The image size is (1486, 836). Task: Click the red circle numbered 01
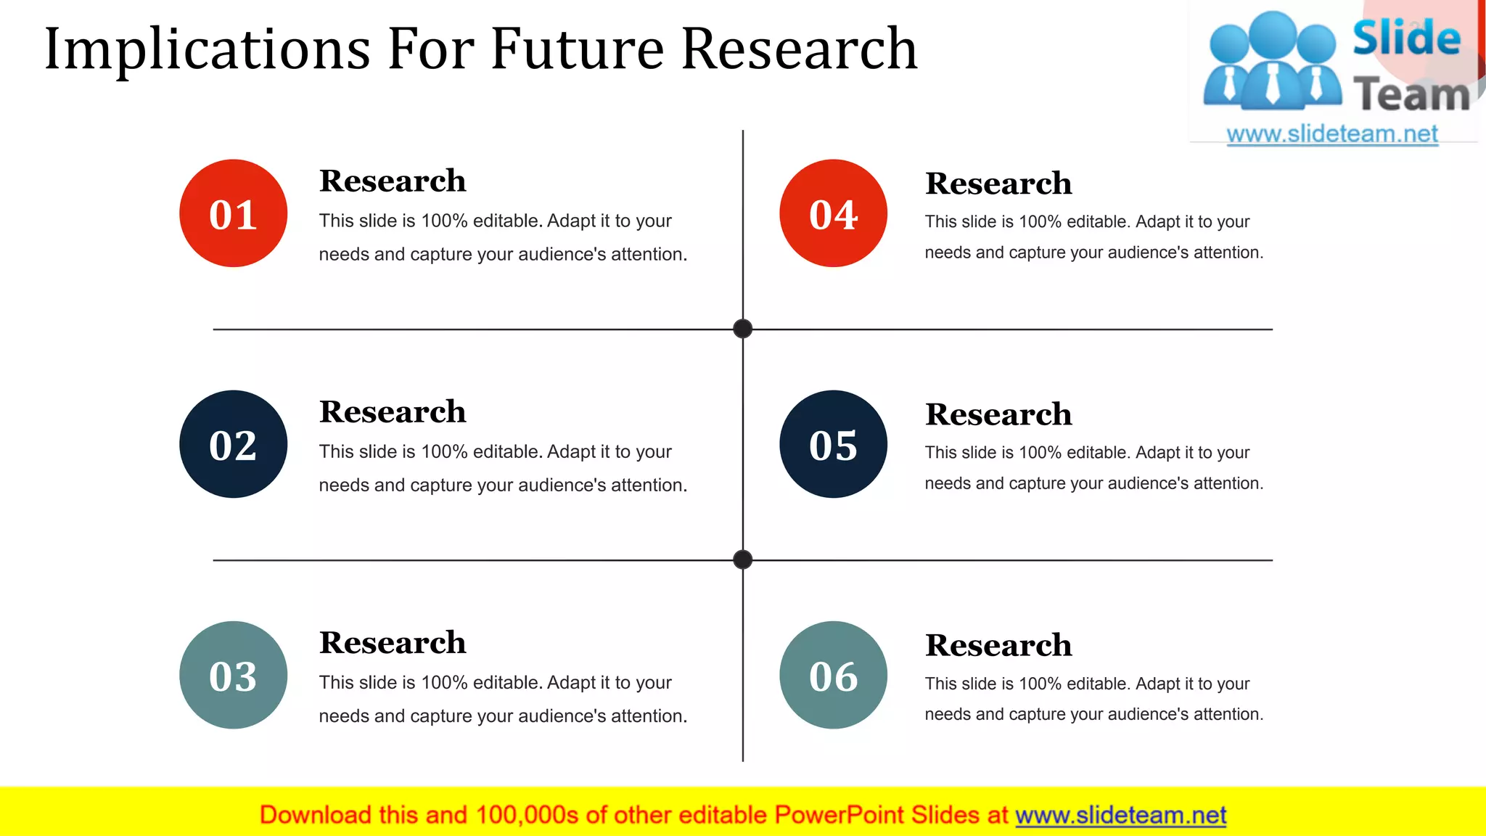[233, 213]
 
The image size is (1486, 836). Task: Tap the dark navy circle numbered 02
[233, 444]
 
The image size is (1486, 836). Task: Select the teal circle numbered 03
[233, 675]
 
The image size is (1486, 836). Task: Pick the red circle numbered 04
[833, 213]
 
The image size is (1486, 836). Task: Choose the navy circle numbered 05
[833, 444]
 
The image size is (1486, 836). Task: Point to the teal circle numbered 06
[833, 675]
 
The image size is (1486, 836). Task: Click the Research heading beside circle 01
[393, 181]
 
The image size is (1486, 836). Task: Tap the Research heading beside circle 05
[998, 414]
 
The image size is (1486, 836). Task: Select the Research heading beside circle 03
[393, 642]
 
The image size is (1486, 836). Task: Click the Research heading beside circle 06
[998, 645]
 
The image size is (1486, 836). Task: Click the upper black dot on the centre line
[742, 329]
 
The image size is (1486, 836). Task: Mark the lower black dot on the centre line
[742, 560]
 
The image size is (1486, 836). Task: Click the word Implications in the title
[208, 49]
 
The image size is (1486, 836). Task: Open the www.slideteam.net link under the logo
[1332, 134]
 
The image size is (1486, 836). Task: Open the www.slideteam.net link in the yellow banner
[1120, 815]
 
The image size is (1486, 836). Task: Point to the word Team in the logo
[1411, 95]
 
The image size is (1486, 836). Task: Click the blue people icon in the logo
[1272, 62]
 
